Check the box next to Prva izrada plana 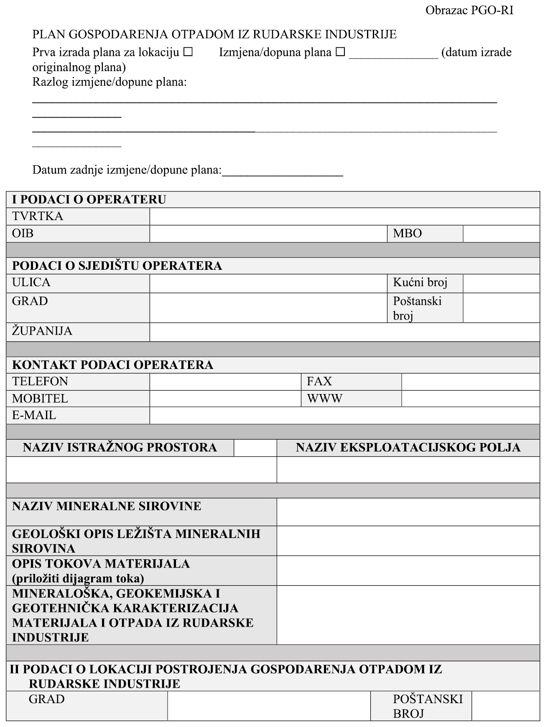(188, 52)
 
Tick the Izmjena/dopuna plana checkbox (341, 52)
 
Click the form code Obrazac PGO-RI (469, 10)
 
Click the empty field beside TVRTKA (344, 217)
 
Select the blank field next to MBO (501, 234)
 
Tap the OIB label (23, 233)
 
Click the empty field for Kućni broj (501, 283)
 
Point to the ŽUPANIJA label (42, 331)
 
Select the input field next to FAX (470, 381)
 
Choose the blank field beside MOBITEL (225, 399)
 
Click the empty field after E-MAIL (344, 416)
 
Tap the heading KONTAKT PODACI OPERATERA (113, 365)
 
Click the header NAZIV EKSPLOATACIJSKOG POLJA (408, 448)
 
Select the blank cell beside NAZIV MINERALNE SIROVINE (408, 512)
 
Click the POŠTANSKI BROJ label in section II (428, 706)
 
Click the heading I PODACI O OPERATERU (89, 200)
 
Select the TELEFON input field (225, 381)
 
